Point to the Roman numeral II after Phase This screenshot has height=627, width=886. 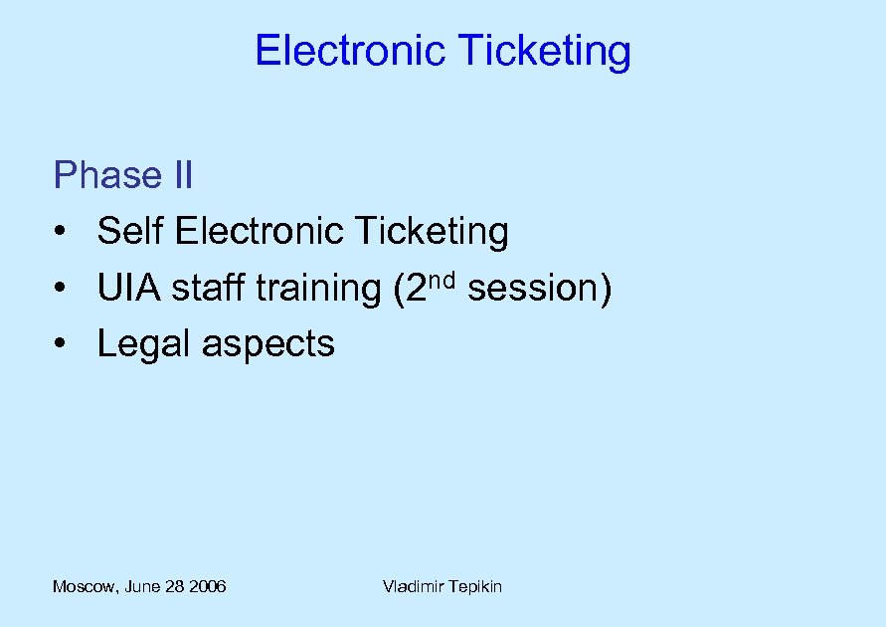coord(182,175)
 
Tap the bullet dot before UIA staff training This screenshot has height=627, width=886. coord(62,290)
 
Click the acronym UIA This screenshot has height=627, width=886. coord(129,289)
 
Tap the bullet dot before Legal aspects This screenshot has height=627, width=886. coord(62,345)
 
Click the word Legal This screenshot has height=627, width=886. coord(144,345)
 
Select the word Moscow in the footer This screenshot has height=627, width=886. coord(85,587)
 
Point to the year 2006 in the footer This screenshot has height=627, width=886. coord(207,586)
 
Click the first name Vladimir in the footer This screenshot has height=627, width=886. coord(413,586)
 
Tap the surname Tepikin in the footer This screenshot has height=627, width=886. coord(474,587)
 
